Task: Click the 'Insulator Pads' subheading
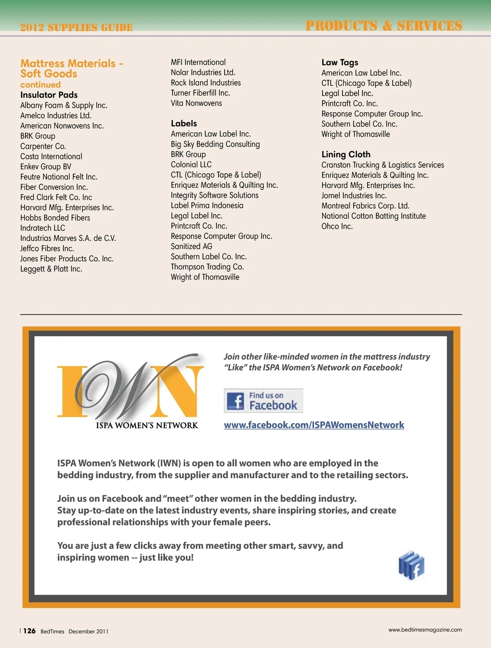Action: (x=49, y=95)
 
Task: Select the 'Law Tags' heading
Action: (x=340, y=62)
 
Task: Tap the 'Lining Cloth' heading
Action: (x=346, y=154)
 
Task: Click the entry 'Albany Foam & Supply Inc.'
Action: (x=64, y=105)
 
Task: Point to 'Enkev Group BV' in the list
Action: (x=46, y=167)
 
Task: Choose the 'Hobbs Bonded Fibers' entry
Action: (x=55, y=218)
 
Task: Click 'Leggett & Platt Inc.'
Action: (x=51, y=269)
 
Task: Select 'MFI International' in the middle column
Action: (x=198, y=62)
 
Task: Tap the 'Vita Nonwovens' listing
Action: (x=196, y=103)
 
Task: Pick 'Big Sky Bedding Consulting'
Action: (x=215, y=144)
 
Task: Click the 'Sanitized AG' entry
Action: (x=191, y=247)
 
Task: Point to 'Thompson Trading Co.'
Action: (x=207, y=267)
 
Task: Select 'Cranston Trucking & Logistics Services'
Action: (x=383, y=165)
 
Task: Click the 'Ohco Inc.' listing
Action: (x=337, y=227)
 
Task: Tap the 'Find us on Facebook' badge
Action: (x=264, y=401)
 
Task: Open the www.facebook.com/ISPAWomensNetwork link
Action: (x=314, y=425)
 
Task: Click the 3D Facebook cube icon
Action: (x=411, y=566)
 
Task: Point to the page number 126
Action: (x=29, y=631)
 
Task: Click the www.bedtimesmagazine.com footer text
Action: (x=425, y=630)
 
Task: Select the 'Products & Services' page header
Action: (x=384, y=25)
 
